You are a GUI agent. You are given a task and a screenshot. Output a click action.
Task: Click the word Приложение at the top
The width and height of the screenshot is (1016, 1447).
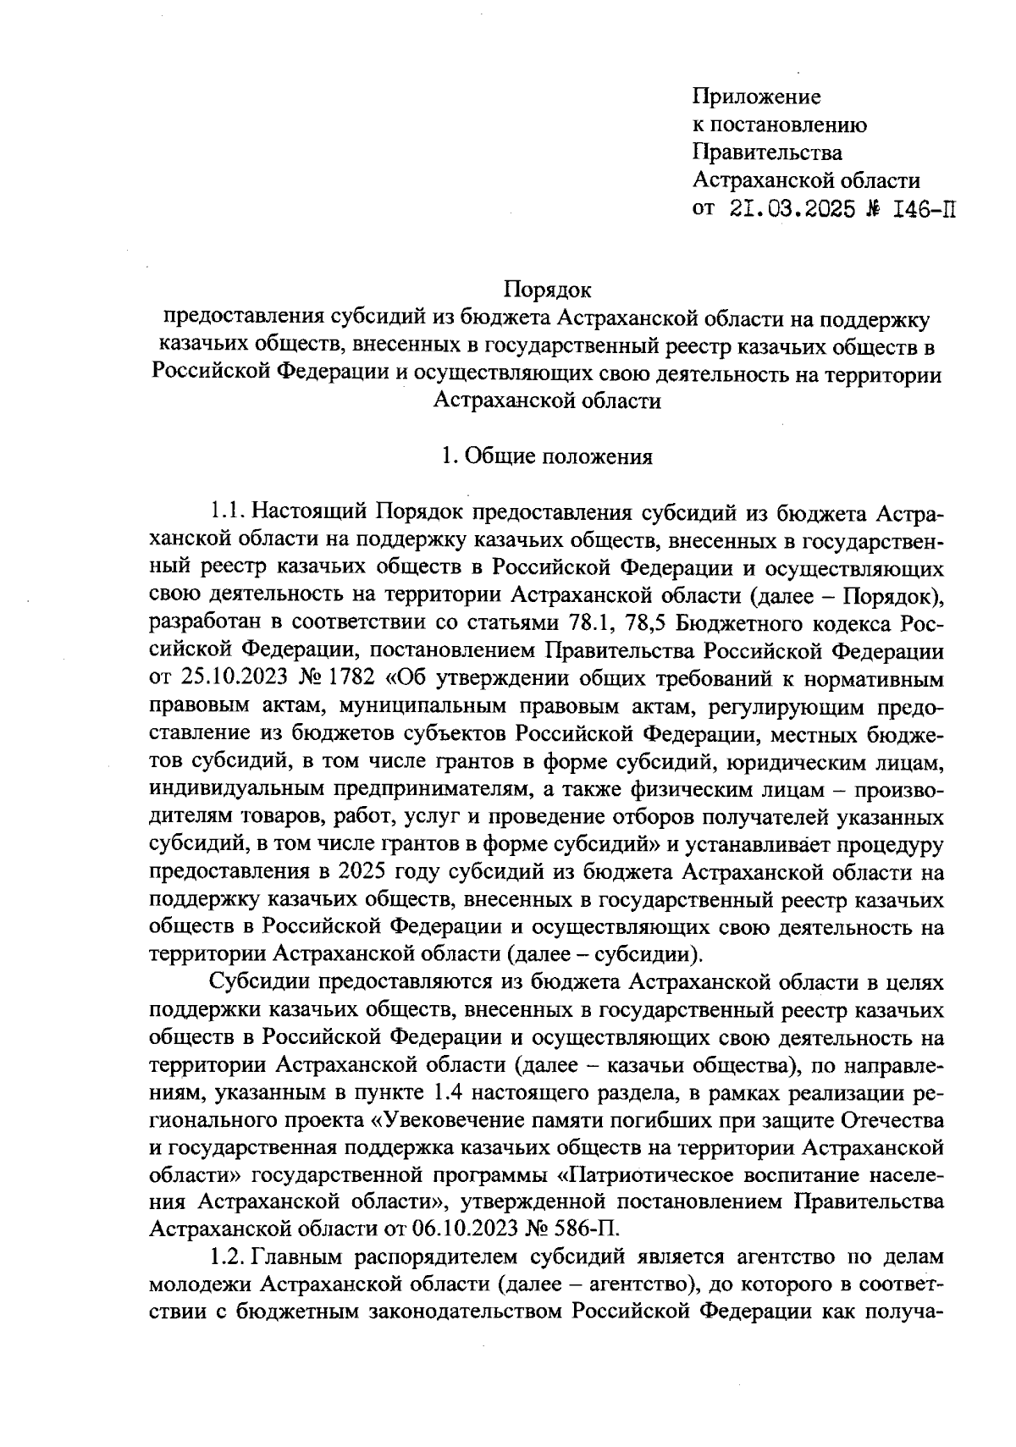(756, 97)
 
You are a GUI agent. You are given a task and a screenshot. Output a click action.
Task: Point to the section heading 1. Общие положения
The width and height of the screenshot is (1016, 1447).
(547, 457)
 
